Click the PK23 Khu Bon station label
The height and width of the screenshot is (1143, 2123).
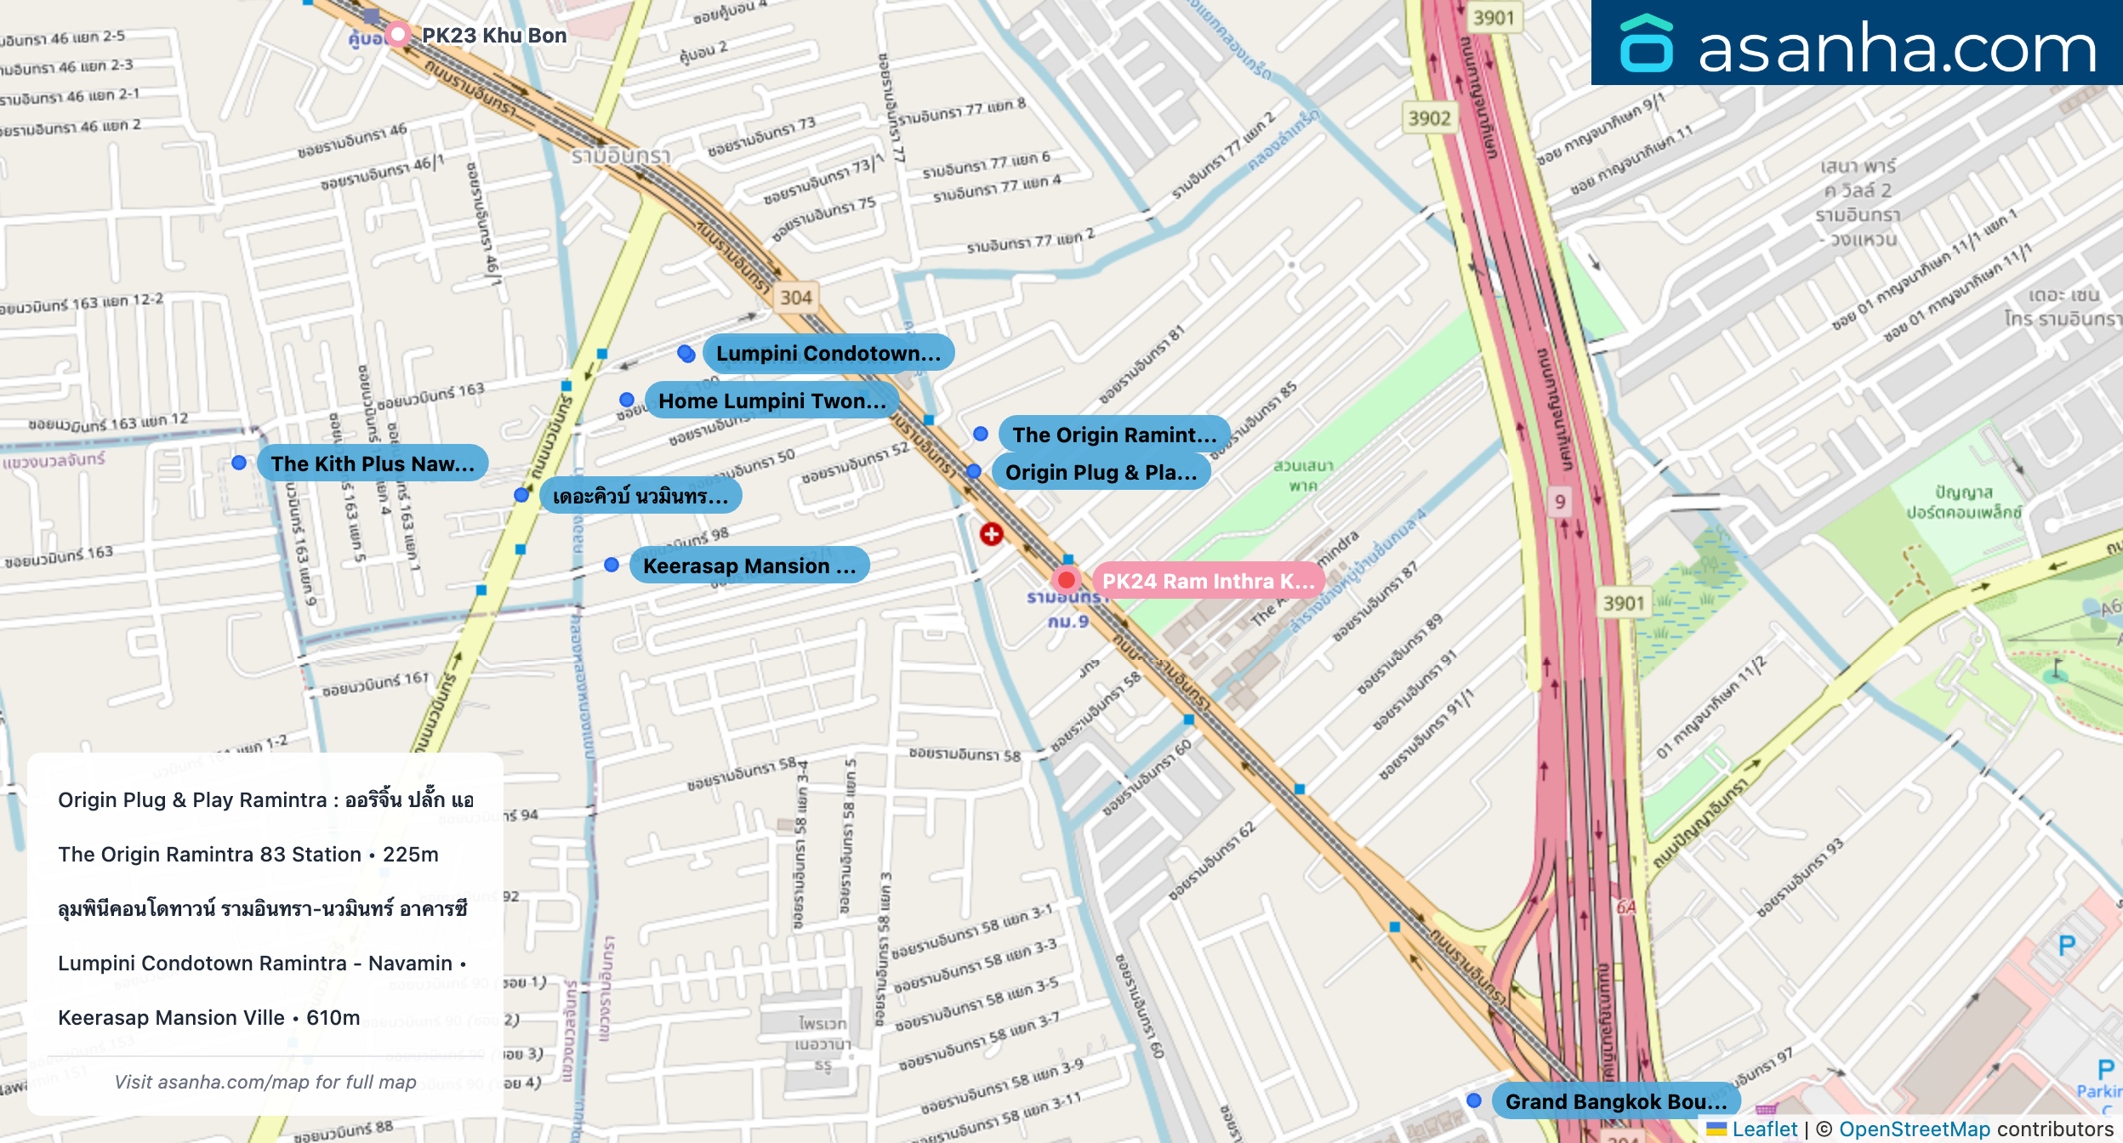pos(493,36)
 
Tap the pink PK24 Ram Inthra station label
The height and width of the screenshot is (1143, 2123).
pos(1208,581)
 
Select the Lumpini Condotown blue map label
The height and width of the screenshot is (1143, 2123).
pos(828,353)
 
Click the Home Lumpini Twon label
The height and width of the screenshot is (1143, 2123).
pos(771,401)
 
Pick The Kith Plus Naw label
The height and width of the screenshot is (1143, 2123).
pos(372,463)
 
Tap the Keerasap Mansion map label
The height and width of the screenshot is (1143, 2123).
pos(748,566)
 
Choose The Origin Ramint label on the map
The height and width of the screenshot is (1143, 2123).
pos(1113,435)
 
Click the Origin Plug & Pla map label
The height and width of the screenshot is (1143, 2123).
pos(1101,472)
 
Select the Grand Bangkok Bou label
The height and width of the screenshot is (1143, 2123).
pos(1615,1101)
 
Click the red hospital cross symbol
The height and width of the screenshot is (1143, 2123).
pos(991,534)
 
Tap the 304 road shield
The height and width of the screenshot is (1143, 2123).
pos(796,298)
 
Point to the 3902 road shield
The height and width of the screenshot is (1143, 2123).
pos(1429,118)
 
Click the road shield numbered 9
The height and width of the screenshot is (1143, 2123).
pos(1560,502)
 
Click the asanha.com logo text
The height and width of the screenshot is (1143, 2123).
pos(1896,48)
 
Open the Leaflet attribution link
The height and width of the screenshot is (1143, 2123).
pos(1764,1129)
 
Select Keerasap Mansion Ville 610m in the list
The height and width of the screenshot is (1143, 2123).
pos(209,1018)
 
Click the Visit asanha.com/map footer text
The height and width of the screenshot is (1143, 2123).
pos(265,1082)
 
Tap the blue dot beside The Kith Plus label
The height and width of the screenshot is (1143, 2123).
pos(239,463)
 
